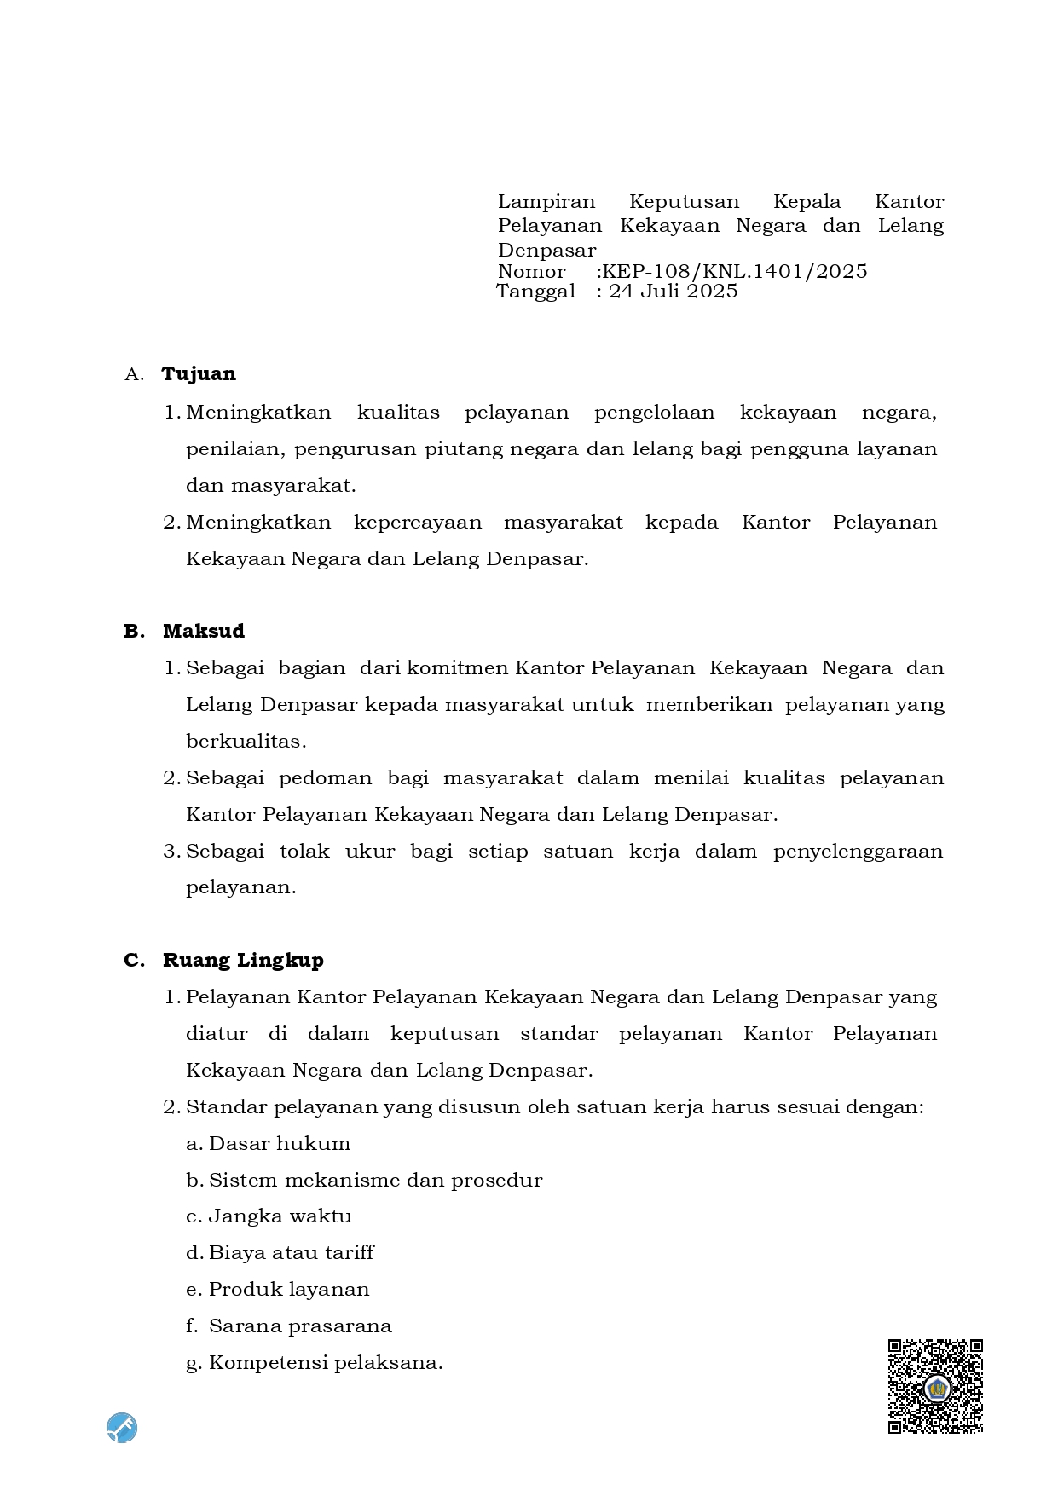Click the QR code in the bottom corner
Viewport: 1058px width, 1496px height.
[935, 1385]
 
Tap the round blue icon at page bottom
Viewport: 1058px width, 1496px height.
[122, 1427]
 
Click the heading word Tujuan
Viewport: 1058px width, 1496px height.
[199, 373]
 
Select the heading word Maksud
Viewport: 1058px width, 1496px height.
[204, 631]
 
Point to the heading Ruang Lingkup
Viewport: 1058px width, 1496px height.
[243, 960]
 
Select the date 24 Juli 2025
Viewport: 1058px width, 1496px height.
[673, 292]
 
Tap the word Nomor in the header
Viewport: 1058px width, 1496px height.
[531, 271]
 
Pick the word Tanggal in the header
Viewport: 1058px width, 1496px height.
[535, 292]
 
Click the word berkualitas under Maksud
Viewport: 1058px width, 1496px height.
[246, 741]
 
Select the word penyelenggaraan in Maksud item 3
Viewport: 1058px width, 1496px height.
[858, 851]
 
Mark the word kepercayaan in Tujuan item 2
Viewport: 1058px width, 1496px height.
[418, 522]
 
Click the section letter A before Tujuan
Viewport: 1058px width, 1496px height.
[132, 374]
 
